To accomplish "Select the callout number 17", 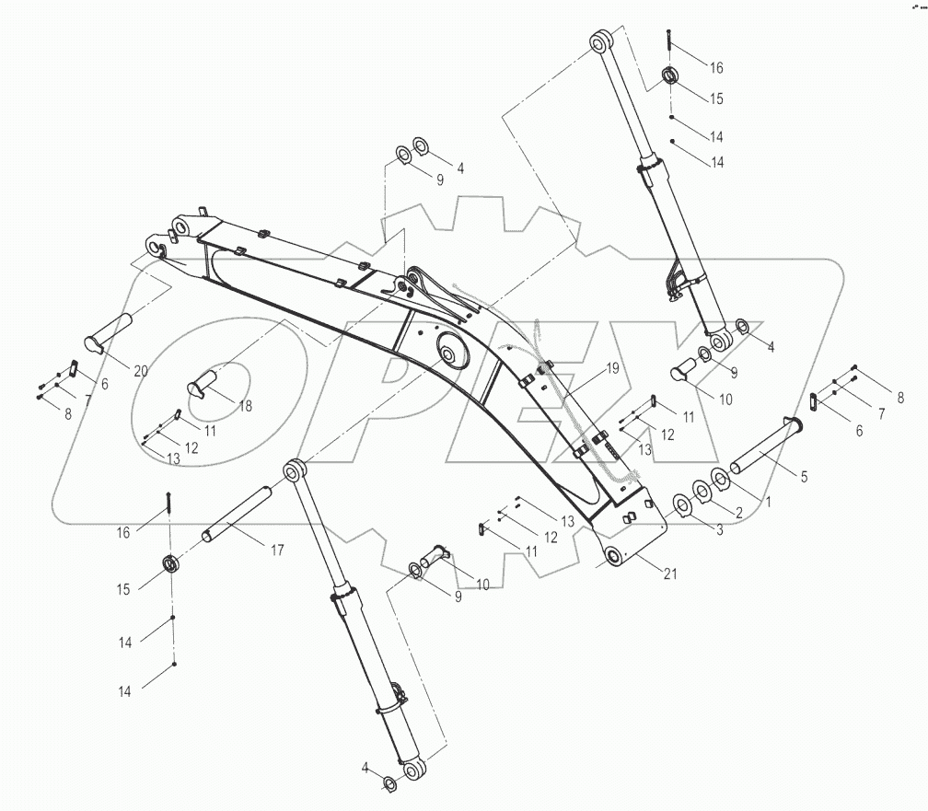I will (x=277, y=550).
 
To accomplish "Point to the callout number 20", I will (x=140, y=371).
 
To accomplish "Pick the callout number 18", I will (x=245, y=406).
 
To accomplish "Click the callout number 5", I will (x=804, y=477).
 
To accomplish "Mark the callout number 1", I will (x=764, y=498).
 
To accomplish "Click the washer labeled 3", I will (x=684, y=504).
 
